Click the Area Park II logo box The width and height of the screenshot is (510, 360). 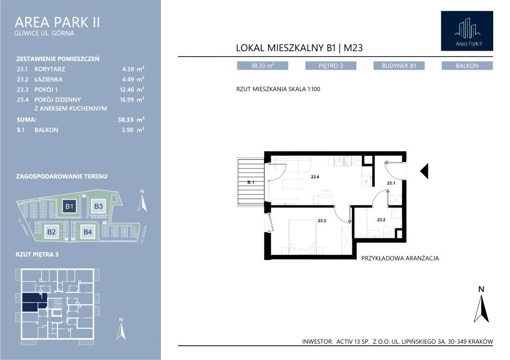coord(467,31)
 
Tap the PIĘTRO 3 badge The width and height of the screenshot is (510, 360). coord(330,66)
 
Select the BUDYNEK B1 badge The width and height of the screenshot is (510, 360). coord(399,66)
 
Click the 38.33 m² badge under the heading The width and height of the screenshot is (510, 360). coord(262,66)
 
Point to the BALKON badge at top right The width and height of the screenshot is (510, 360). coord(467,66)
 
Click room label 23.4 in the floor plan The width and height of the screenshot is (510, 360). coord(315,177)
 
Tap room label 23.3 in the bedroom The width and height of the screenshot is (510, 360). coord(321,220)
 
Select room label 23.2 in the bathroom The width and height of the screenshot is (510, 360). coord(381,220)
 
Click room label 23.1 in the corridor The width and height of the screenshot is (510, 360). coord(391,183)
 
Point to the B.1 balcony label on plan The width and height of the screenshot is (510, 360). coord(250,182)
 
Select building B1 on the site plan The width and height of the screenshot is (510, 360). coord(69,206)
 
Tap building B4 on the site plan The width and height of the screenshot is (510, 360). coord(88,232)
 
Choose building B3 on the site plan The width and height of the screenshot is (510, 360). coord(98,206)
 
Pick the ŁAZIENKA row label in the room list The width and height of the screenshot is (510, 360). coord(48,79)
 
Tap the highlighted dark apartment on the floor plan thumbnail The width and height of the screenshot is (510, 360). coord(34,302)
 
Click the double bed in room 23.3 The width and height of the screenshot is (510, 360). coord(302,236)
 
